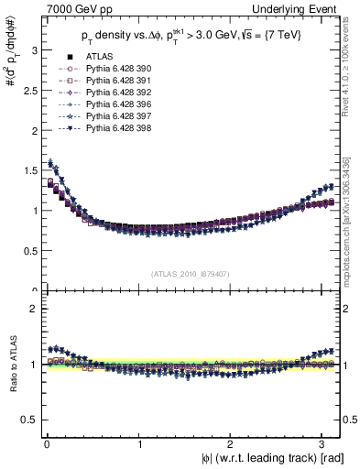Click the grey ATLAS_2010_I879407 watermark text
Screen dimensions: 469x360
[x=191, y=272]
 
